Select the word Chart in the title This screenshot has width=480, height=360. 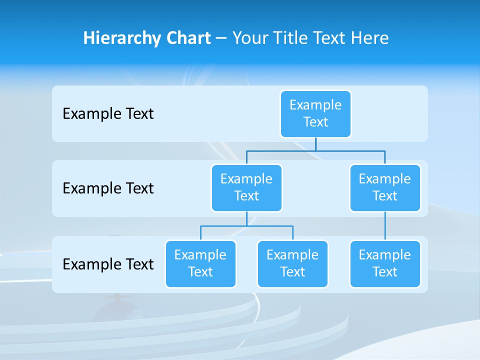[187, 38]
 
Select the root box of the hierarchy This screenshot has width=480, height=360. [315, 113]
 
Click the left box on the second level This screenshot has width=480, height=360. [246, 187]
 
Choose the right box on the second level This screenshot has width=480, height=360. [385, 187]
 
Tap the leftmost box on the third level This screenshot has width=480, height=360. [200, 263]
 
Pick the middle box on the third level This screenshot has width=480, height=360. [292, 263]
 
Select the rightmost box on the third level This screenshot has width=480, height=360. [385, 263]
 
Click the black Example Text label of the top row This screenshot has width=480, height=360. [108, 114]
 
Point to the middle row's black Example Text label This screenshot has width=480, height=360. [108, 188]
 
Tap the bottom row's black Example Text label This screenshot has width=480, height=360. [108, 264]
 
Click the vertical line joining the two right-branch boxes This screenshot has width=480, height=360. [385, 226]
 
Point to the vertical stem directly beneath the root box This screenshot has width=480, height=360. [315, 144]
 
